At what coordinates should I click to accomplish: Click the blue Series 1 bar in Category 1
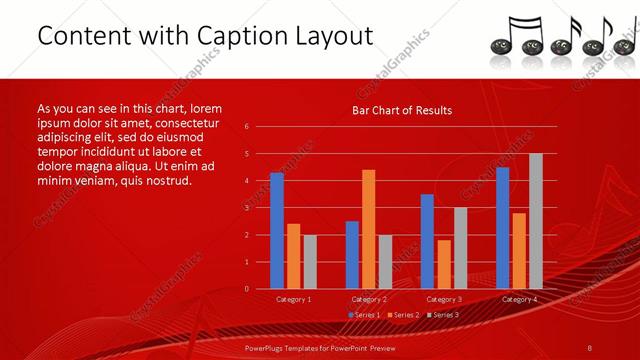point(277,231)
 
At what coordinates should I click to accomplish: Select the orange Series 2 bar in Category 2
point(369,229)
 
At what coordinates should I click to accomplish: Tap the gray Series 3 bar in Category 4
point(535,221)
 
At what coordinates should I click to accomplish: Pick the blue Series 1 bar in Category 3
point(427,241)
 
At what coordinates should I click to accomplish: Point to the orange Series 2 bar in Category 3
point(444,264)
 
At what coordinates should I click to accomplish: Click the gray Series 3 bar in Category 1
point(310,262)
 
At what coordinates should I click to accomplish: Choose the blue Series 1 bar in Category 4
point(502,228)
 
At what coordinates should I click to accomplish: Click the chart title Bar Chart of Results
point(403,111)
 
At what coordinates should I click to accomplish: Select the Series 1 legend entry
point(364,315)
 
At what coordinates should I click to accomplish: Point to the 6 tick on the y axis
point(246,127)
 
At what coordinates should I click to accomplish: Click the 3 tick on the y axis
point(246,208)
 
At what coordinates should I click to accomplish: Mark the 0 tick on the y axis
point(246,289)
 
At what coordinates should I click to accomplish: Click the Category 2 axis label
point(369,299)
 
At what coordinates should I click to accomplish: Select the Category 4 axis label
point(518,299)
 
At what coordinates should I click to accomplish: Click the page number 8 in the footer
point(590,347)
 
